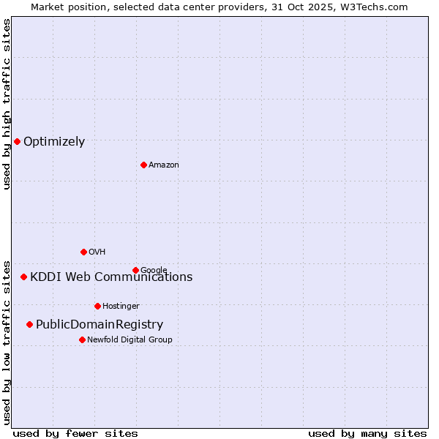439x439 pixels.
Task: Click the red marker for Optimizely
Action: tap(17, 141)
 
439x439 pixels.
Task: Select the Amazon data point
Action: tap(143, 165)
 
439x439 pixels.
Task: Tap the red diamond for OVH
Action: tap(83, 252)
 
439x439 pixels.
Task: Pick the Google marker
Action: tap(135, 270)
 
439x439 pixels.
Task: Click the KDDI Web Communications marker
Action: tap(23, 277)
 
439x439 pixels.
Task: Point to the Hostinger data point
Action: tap(97, 306)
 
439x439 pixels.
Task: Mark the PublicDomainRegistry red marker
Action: tap(29, 324)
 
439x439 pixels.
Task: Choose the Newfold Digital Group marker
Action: tap(82, 339)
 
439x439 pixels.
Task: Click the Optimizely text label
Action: tap(54, 142)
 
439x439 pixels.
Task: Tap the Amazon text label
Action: tap(164, 165)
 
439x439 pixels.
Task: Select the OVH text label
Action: tap(97, 252)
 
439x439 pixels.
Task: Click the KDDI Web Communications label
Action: tap(111, 277)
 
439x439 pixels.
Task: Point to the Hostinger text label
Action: tap(121, 307)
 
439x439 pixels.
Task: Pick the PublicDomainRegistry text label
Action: tap(100, 325)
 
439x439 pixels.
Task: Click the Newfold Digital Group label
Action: tap(130, 340)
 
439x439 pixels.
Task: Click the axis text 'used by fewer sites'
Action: tap(75, 433)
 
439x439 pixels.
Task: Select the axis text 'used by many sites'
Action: tap(367, 433)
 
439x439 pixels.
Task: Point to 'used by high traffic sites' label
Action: tap(7, 104)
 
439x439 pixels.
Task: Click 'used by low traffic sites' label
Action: tap(7, 342)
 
